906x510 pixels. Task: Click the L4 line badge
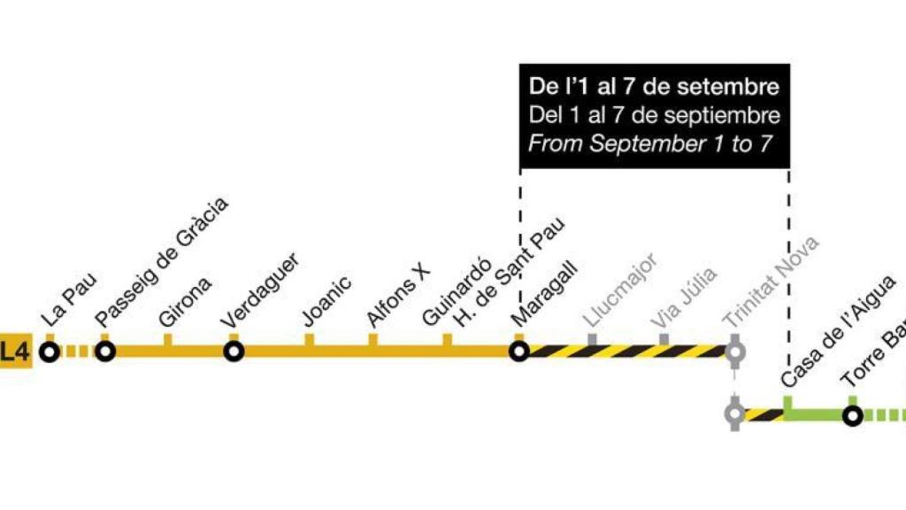[15, 352]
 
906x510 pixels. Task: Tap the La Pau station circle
[50, 352]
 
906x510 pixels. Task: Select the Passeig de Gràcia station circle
[106, 352]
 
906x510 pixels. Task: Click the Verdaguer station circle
[234, 352]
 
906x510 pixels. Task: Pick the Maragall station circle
[519, 352]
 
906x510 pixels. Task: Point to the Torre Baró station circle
[852, 415]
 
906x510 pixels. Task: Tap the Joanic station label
[326, 300]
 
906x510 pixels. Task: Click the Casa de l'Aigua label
[838, 331]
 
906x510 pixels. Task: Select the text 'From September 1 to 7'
[650, 143]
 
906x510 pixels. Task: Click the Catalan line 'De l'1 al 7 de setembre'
[654, 87]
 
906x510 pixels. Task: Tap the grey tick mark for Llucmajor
[592, 339]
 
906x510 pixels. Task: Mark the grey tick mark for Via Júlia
[664, 339]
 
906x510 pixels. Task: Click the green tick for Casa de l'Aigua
[787, 403]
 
